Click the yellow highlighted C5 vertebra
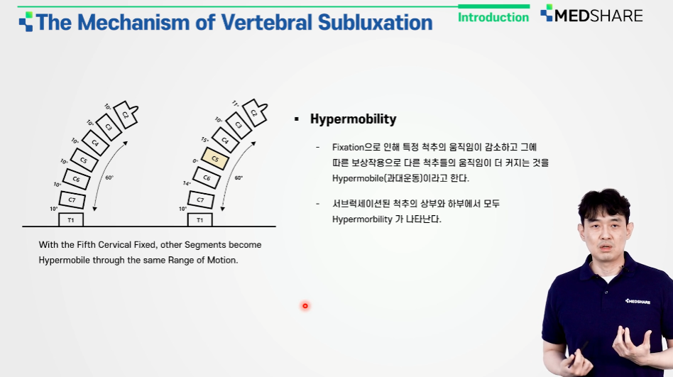(215, 158)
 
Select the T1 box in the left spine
(71, 220)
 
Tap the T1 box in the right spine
(200, 220)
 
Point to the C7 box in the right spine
(200, 200)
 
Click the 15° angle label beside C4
(204, 140)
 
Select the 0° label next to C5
(195, 161)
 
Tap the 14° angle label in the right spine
(187, 183)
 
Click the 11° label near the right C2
(235, 104)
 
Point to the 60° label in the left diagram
(109, 177)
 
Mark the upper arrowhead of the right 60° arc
(253, 143)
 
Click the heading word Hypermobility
(354, 119)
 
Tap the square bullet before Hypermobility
(297, 119)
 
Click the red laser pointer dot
(305, 306)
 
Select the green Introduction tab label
(493, 17)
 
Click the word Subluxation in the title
(375, 22)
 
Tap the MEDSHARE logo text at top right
(598, 16)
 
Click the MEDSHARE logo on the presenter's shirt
(638, 302)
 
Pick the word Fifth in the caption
(87, 245)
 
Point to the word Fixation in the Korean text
(348, 147)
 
